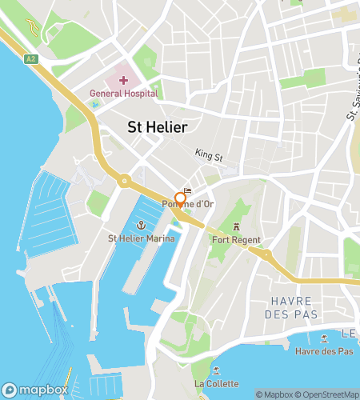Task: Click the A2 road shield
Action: [x=30, y=58]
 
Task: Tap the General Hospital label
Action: [x=123, y=94]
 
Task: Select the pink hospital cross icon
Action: [x=123, y=80]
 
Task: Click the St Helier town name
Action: [x=158, y=127]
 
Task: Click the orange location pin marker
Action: [x=181, y=198]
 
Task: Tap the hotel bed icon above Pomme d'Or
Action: [x=188, y=191]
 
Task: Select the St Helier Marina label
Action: [x=141, y=238]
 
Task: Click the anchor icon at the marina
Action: [x=141, y=225]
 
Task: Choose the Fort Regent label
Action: [x=237, y=238]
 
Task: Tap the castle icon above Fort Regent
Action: [x=237, y=225]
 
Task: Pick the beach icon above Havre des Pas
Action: [x=323, y=338]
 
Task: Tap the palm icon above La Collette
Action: [x=216, y=371]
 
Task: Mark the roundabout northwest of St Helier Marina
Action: [x=125, y=182]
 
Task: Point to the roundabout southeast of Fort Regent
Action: [x=266, y=256]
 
